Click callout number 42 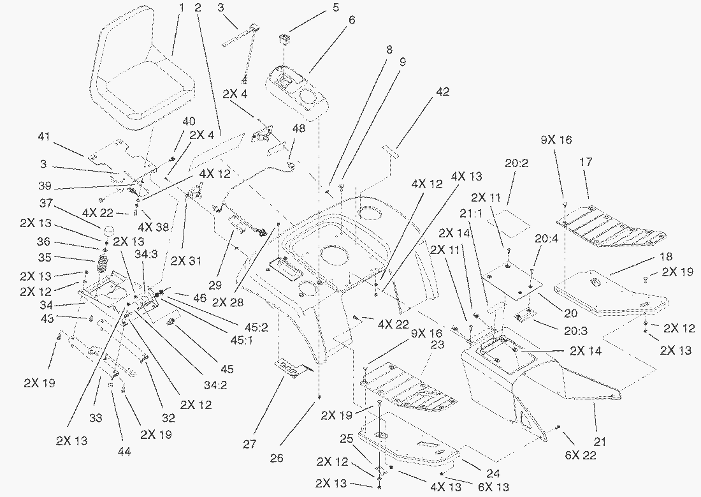click(442, 92)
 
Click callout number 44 click(124, 452)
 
